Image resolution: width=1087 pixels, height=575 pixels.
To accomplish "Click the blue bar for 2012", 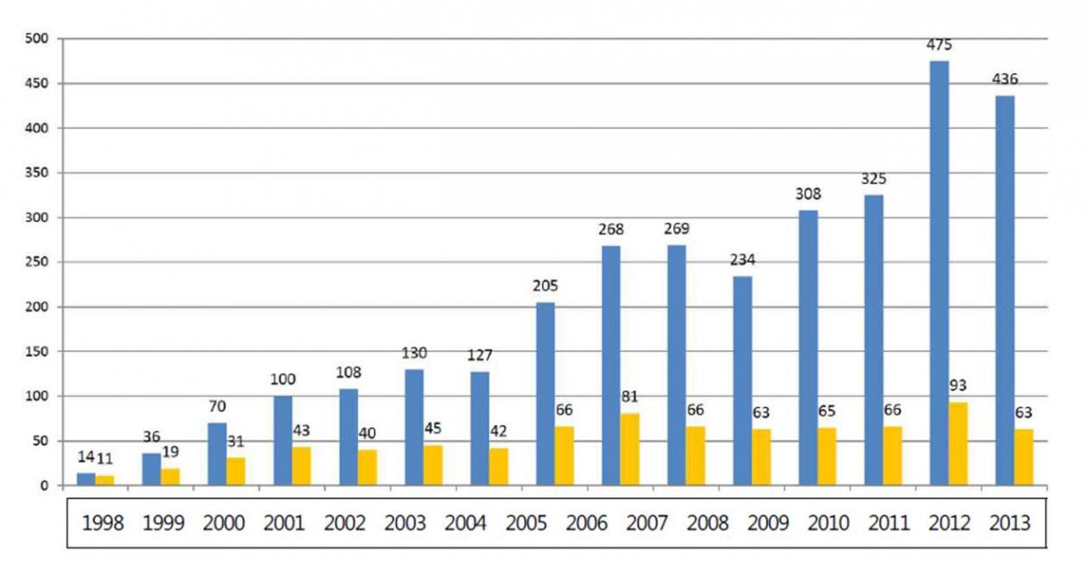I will point(939,273).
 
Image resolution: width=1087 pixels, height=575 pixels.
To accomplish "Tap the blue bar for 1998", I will point(86,479).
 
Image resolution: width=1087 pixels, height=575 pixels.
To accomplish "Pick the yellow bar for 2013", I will point(1023,457).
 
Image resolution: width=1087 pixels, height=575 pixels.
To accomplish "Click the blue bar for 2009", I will point(743,381).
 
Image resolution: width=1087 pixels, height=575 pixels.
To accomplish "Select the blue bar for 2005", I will point(545,394).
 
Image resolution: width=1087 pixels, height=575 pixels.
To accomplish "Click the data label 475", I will point(939,44).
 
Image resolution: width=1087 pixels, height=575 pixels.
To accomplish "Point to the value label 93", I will point(958,386).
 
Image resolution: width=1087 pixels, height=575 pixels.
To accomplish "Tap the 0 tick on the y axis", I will point(44,486).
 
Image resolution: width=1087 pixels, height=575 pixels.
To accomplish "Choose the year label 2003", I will point(406,523).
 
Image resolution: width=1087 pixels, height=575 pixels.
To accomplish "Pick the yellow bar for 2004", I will point(498,466).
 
